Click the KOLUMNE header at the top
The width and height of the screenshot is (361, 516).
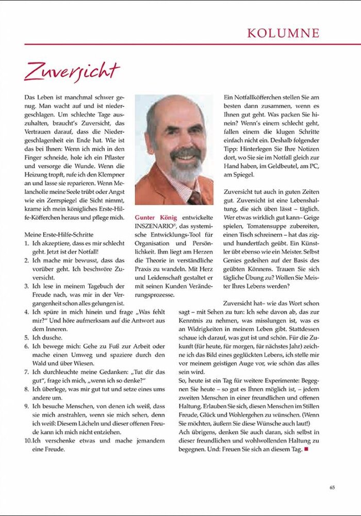(283, 33)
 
